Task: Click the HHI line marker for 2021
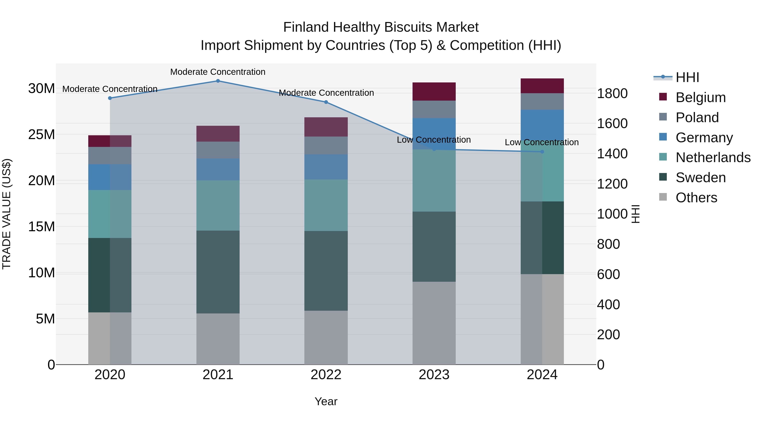click(x=218, y=81)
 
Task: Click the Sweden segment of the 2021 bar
click(x=218, y=272)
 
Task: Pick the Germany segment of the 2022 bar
click(x=326, y=167)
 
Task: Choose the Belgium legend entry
click(x=700, y=97)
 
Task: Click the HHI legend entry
click(x=687, y=77)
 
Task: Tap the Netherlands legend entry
click(x=713, y=157)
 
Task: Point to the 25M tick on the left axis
click(x=41, y=135)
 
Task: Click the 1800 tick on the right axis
click(x=612, y=94)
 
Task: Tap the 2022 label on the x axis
click(x=326, y=375)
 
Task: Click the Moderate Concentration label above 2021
click(x=218, y=72)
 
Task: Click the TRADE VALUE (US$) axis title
click(x=7, y=214)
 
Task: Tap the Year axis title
click(x=326, y=401)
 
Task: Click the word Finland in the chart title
click(x=306, y=27)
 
